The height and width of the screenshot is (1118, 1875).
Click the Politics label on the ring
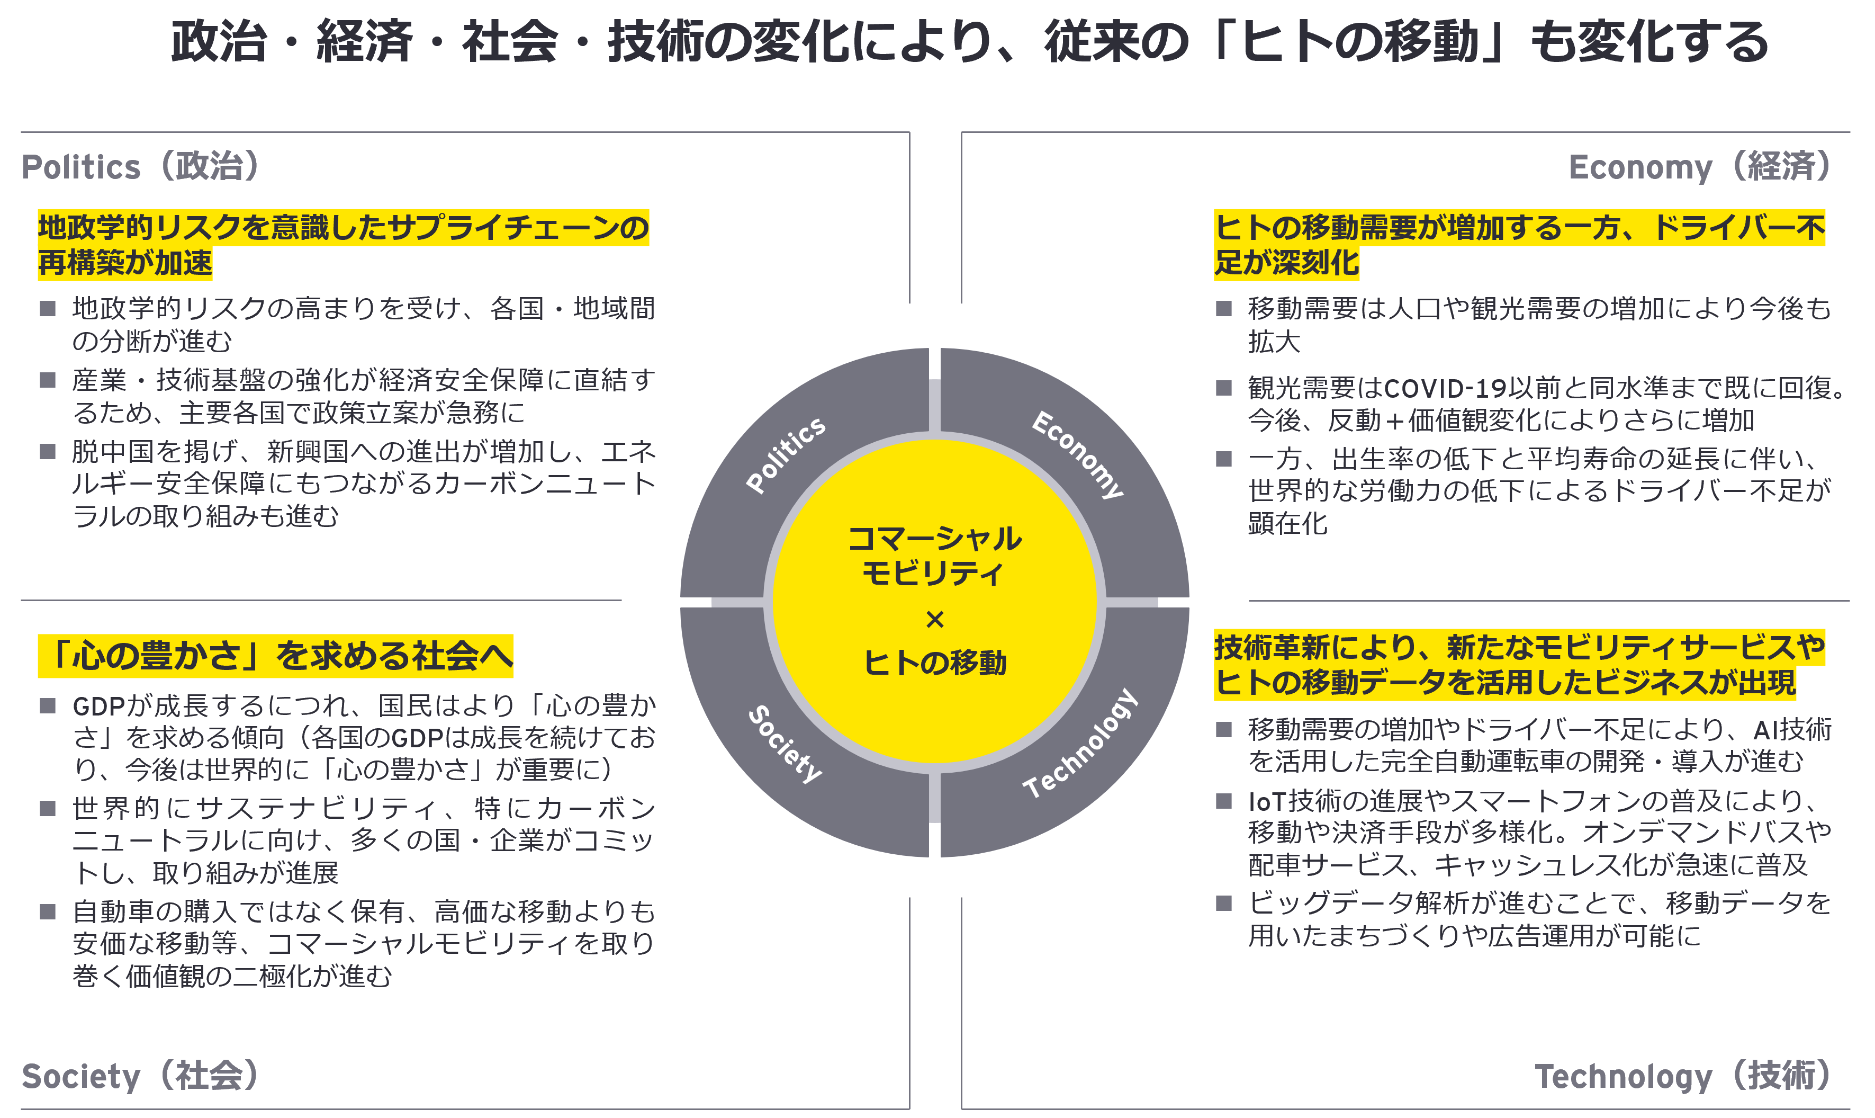(786, 454)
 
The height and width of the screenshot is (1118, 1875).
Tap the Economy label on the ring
(1078, 454)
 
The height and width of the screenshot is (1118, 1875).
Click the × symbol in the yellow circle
(934, 619)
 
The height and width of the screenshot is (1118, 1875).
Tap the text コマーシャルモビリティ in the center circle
(934, 555)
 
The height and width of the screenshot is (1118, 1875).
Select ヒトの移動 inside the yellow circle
(934, 663)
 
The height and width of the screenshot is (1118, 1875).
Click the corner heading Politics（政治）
(141, 166)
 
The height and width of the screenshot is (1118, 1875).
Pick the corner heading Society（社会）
(141, 1075)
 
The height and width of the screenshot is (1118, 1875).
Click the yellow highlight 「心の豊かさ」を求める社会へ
(276, 656)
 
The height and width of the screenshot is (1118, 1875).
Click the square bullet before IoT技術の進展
(1224, 801)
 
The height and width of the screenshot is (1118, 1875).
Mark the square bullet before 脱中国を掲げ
(48, 451)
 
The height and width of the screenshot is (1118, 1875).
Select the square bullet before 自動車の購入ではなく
(48, 911)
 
